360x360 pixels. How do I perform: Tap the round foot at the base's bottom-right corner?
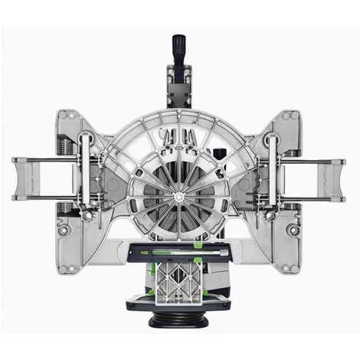293,229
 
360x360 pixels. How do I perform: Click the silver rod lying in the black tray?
179,251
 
